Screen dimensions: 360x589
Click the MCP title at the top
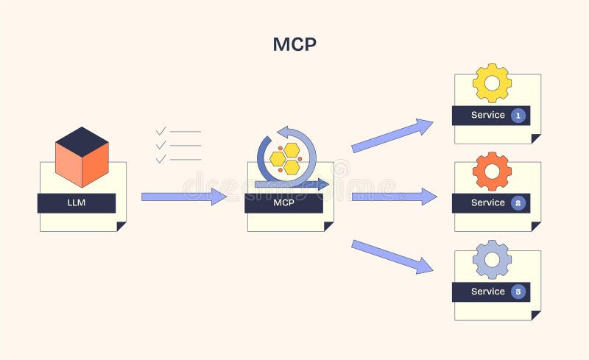point(294,44)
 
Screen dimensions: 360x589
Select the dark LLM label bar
point(77,202)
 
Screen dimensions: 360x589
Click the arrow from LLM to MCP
point(183,197)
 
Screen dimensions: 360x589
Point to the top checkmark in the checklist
point(161,132)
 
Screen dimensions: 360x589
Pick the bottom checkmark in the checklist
point(161,158)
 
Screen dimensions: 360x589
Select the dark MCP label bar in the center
point(283,203)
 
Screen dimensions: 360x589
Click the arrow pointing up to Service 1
point(392,136)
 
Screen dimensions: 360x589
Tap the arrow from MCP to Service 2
point(394,197)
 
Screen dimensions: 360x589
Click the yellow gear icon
point(492,82)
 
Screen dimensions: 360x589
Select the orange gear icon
point(492,171)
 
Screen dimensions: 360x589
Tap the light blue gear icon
point(492,259)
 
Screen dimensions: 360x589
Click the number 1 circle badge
point(518,116)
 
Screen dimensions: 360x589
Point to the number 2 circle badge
point(518,203)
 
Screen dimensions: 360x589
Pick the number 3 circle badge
point(518,292)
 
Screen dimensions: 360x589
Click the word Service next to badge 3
point(487,292)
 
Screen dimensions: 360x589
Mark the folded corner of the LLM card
point(121,227)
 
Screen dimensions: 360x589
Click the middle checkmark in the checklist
point(161,145)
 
